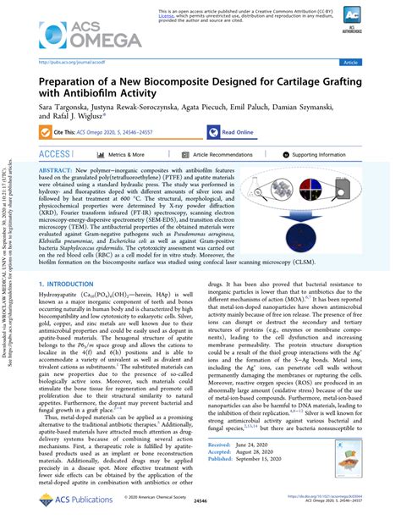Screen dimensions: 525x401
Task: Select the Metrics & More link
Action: [127, 155]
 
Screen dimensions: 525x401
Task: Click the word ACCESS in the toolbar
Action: [55, 155]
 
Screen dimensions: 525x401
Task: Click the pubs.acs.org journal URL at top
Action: [69, 63]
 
